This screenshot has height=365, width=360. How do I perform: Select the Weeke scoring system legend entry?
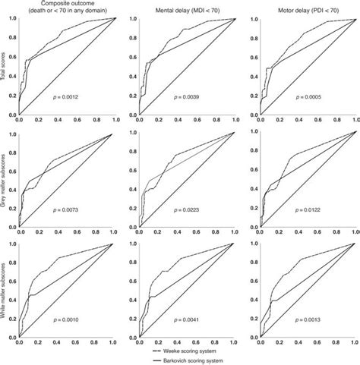click(217, 352)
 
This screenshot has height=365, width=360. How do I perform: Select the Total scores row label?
click(4, 66)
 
